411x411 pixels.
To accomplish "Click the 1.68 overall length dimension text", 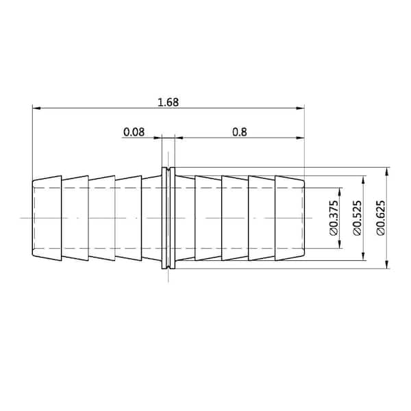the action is click(x=168, y=102).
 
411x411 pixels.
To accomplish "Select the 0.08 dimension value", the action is click(x=134, y=132).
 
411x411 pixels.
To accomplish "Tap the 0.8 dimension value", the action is click(x=240, y=132).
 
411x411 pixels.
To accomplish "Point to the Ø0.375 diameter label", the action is click(x=334, y=218).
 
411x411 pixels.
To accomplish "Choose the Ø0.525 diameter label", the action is click(x=357, y=218).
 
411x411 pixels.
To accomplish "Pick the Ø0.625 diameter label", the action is click(x=381, y=218).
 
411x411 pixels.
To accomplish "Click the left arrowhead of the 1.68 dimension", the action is click(x=36, y=108).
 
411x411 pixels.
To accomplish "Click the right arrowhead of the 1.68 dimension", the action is click(x=300, y=108).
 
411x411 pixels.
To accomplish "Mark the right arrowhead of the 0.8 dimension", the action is click(x=300, y=138).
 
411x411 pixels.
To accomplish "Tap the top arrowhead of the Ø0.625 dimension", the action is click(x=388, y=171).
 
